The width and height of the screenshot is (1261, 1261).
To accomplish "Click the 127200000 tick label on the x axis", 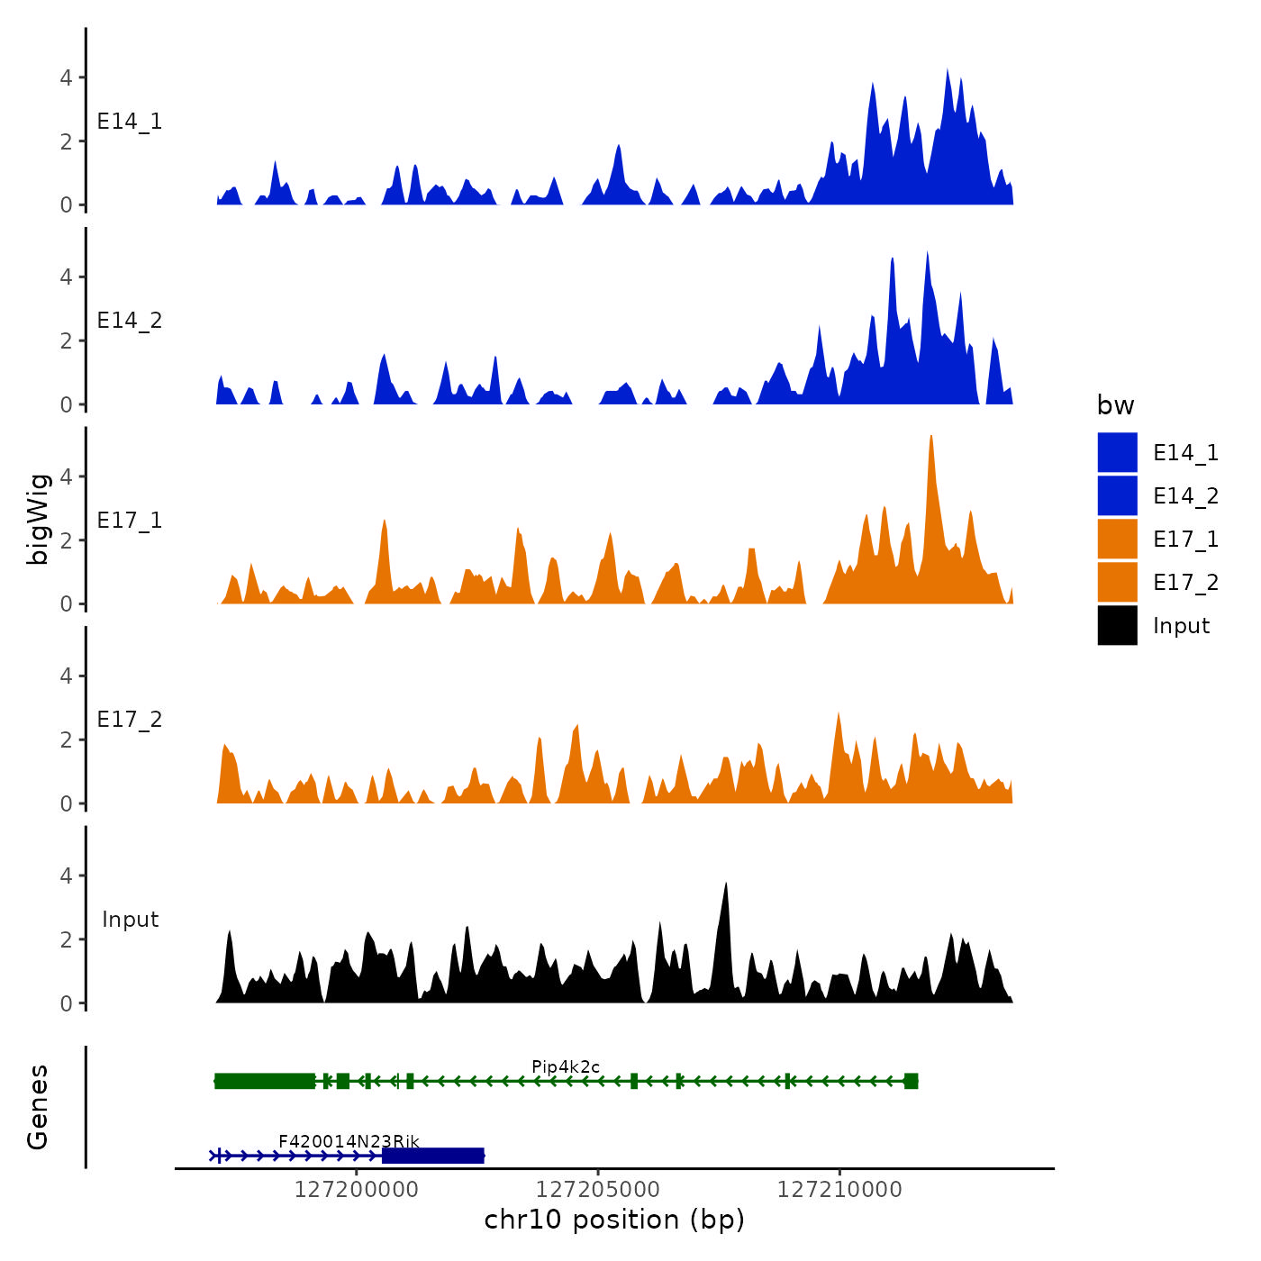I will coord(356,1190).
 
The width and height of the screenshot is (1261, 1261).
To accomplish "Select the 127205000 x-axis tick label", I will coord(598,1190).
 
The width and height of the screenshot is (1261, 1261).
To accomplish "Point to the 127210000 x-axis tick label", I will coord(839,1190).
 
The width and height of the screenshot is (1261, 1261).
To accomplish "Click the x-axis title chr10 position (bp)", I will coord(614,1220).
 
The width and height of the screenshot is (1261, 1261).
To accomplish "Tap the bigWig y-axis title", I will coord(38,519).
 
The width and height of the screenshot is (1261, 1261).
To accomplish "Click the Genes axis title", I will coord(38,1107).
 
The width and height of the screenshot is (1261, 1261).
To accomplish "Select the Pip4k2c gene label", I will coord(566,1067).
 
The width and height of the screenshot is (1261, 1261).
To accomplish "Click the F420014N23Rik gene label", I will coord(349,1142).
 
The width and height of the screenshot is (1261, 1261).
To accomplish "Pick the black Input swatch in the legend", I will coord(1117,625).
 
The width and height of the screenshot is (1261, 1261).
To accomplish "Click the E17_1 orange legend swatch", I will coord(1117,539).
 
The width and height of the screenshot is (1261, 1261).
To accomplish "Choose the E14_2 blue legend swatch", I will coord(1117,495).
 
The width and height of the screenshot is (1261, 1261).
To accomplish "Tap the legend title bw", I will coord(1115,406).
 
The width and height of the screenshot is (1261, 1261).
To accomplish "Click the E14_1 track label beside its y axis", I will coord(130,122).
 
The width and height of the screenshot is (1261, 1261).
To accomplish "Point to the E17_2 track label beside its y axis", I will coord(130,720).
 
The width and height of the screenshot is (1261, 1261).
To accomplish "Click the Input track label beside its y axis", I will coord(130,920).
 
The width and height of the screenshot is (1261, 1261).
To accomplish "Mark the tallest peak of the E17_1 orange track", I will coord(930,438).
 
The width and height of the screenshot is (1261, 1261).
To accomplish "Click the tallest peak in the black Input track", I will coord(725,885).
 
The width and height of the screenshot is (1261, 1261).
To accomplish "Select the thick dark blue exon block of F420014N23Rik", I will coord(433,1156).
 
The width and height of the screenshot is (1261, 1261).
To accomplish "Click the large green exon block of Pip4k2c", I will coord(265,1081).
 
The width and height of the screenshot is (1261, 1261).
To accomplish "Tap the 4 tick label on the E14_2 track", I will coord(66,277).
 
